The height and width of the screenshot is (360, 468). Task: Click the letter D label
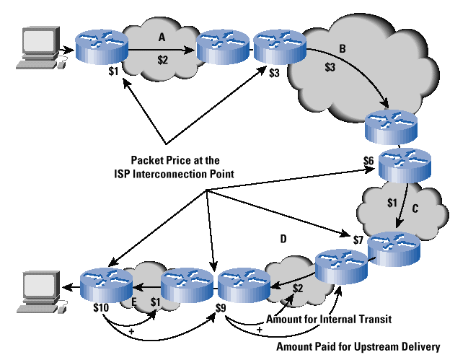click(283, 237)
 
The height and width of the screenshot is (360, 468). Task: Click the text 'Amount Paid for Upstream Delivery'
click(358, 346)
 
